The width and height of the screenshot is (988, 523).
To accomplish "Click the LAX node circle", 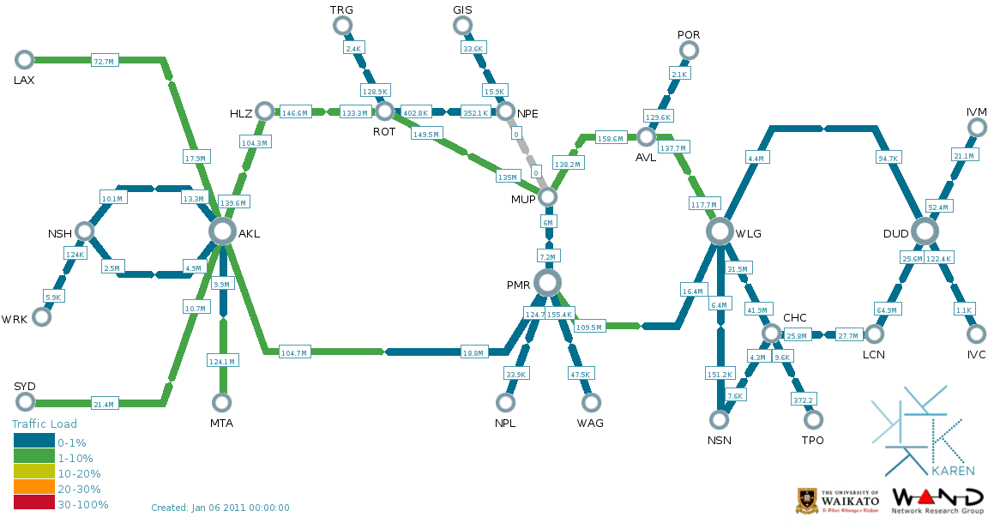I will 24,59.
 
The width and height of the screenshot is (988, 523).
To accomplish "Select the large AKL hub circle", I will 222,231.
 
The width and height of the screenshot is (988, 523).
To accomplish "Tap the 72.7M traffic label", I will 104,61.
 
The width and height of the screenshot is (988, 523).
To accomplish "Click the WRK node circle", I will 41,316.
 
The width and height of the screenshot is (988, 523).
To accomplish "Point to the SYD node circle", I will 24,402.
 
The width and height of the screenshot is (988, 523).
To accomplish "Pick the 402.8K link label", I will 415,112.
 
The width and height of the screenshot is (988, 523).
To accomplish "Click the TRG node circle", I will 341,26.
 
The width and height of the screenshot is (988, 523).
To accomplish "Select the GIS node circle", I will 462,26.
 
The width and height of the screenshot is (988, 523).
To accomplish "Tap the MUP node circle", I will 547,197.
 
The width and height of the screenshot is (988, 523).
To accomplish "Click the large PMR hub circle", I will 547,282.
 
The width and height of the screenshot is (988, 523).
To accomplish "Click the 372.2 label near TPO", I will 801,400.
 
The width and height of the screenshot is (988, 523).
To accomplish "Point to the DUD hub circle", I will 925,231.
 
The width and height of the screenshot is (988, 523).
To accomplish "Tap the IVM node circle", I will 976,128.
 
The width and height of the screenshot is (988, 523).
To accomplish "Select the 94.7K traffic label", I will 888,159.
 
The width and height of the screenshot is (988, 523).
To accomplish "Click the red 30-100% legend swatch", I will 34,504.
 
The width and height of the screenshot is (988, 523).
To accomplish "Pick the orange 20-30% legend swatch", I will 34,489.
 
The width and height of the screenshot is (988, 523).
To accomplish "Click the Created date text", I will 220,508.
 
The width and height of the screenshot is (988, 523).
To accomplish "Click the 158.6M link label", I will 611,138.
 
